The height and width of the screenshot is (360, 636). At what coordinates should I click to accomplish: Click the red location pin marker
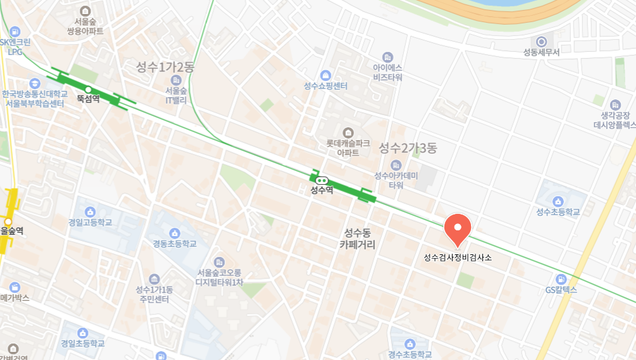pos(458,228)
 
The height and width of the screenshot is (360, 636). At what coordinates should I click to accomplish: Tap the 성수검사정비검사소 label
pos(458,258)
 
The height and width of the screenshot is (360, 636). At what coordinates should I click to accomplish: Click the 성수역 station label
pos(322,190)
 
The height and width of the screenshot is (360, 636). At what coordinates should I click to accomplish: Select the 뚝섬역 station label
pos(89,99)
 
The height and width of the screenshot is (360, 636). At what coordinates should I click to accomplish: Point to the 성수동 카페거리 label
pos(357,238)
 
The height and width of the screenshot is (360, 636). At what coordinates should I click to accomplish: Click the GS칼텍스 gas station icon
pos(560,278)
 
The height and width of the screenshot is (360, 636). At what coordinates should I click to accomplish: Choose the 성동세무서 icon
pos(541,41)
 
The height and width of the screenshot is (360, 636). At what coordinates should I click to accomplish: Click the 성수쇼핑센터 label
pos(326,86)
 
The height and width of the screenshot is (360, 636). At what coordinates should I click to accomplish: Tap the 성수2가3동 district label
pos(408,148)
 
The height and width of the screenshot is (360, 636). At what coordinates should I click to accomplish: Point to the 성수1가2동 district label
pos(166,66)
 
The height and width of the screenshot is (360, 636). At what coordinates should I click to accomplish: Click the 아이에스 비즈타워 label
pos(388,72)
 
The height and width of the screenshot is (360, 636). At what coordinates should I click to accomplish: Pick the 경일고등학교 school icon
pos(90,211)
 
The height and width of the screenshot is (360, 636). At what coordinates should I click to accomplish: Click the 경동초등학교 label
pos(174,244)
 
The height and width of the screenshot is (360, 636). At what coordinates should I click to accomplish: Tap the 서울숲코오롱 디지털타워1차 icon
pos(219,261)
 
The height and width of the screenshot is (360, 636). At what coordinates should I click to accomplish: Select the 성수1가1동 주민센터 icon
pos(154,278)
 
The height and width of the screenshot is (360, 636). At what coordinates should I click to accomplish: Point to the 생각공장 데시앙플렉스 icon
pos(615,104)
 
